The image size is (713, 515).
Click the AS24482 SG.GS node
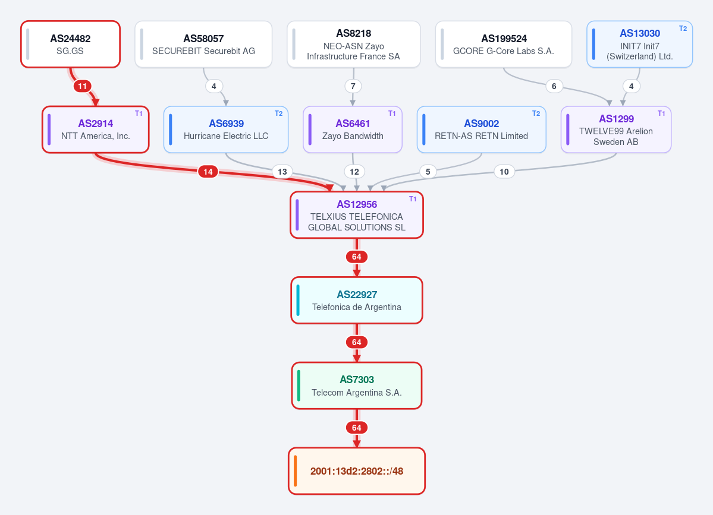coord(71,44)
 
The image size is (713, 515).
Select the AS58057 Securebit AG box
coord(203,44)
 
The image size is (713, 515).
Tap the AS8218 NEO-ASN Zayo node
coord(353,44)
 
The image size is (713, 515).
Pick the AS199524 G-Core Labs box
coord(503,44)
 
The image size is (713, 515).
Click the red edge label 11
coord(82,86)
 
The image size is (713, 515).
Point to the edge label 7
coord(353,86)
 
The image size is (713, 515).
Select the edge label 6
coord(554,86)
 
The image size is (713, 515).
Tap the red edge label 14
coord(208,172)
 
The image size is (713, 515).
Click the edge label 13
coord(282,172)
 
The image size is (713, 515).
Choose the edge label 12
coord(354,172)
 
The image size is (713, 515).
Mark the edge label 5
coord(428,172)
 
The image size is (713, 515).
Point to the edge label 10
coord(504,172)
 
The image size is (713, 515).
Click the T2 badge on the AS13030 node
coord(683,28)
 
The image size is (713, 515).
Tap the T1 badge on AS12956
coord(413,199)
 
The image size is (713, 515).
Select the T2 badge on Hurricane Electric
coord(279,113)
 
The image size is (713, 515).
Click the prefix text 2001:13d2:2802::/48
coord(357,471)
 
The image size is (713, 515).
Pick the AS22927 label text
coord(357,295)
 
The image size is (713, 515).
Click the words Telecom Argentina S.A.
coord(357,393)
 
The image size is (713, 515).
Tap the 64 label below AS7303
coord(357,428)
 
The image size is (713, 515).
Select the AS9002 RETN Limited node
coord(481,129)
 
